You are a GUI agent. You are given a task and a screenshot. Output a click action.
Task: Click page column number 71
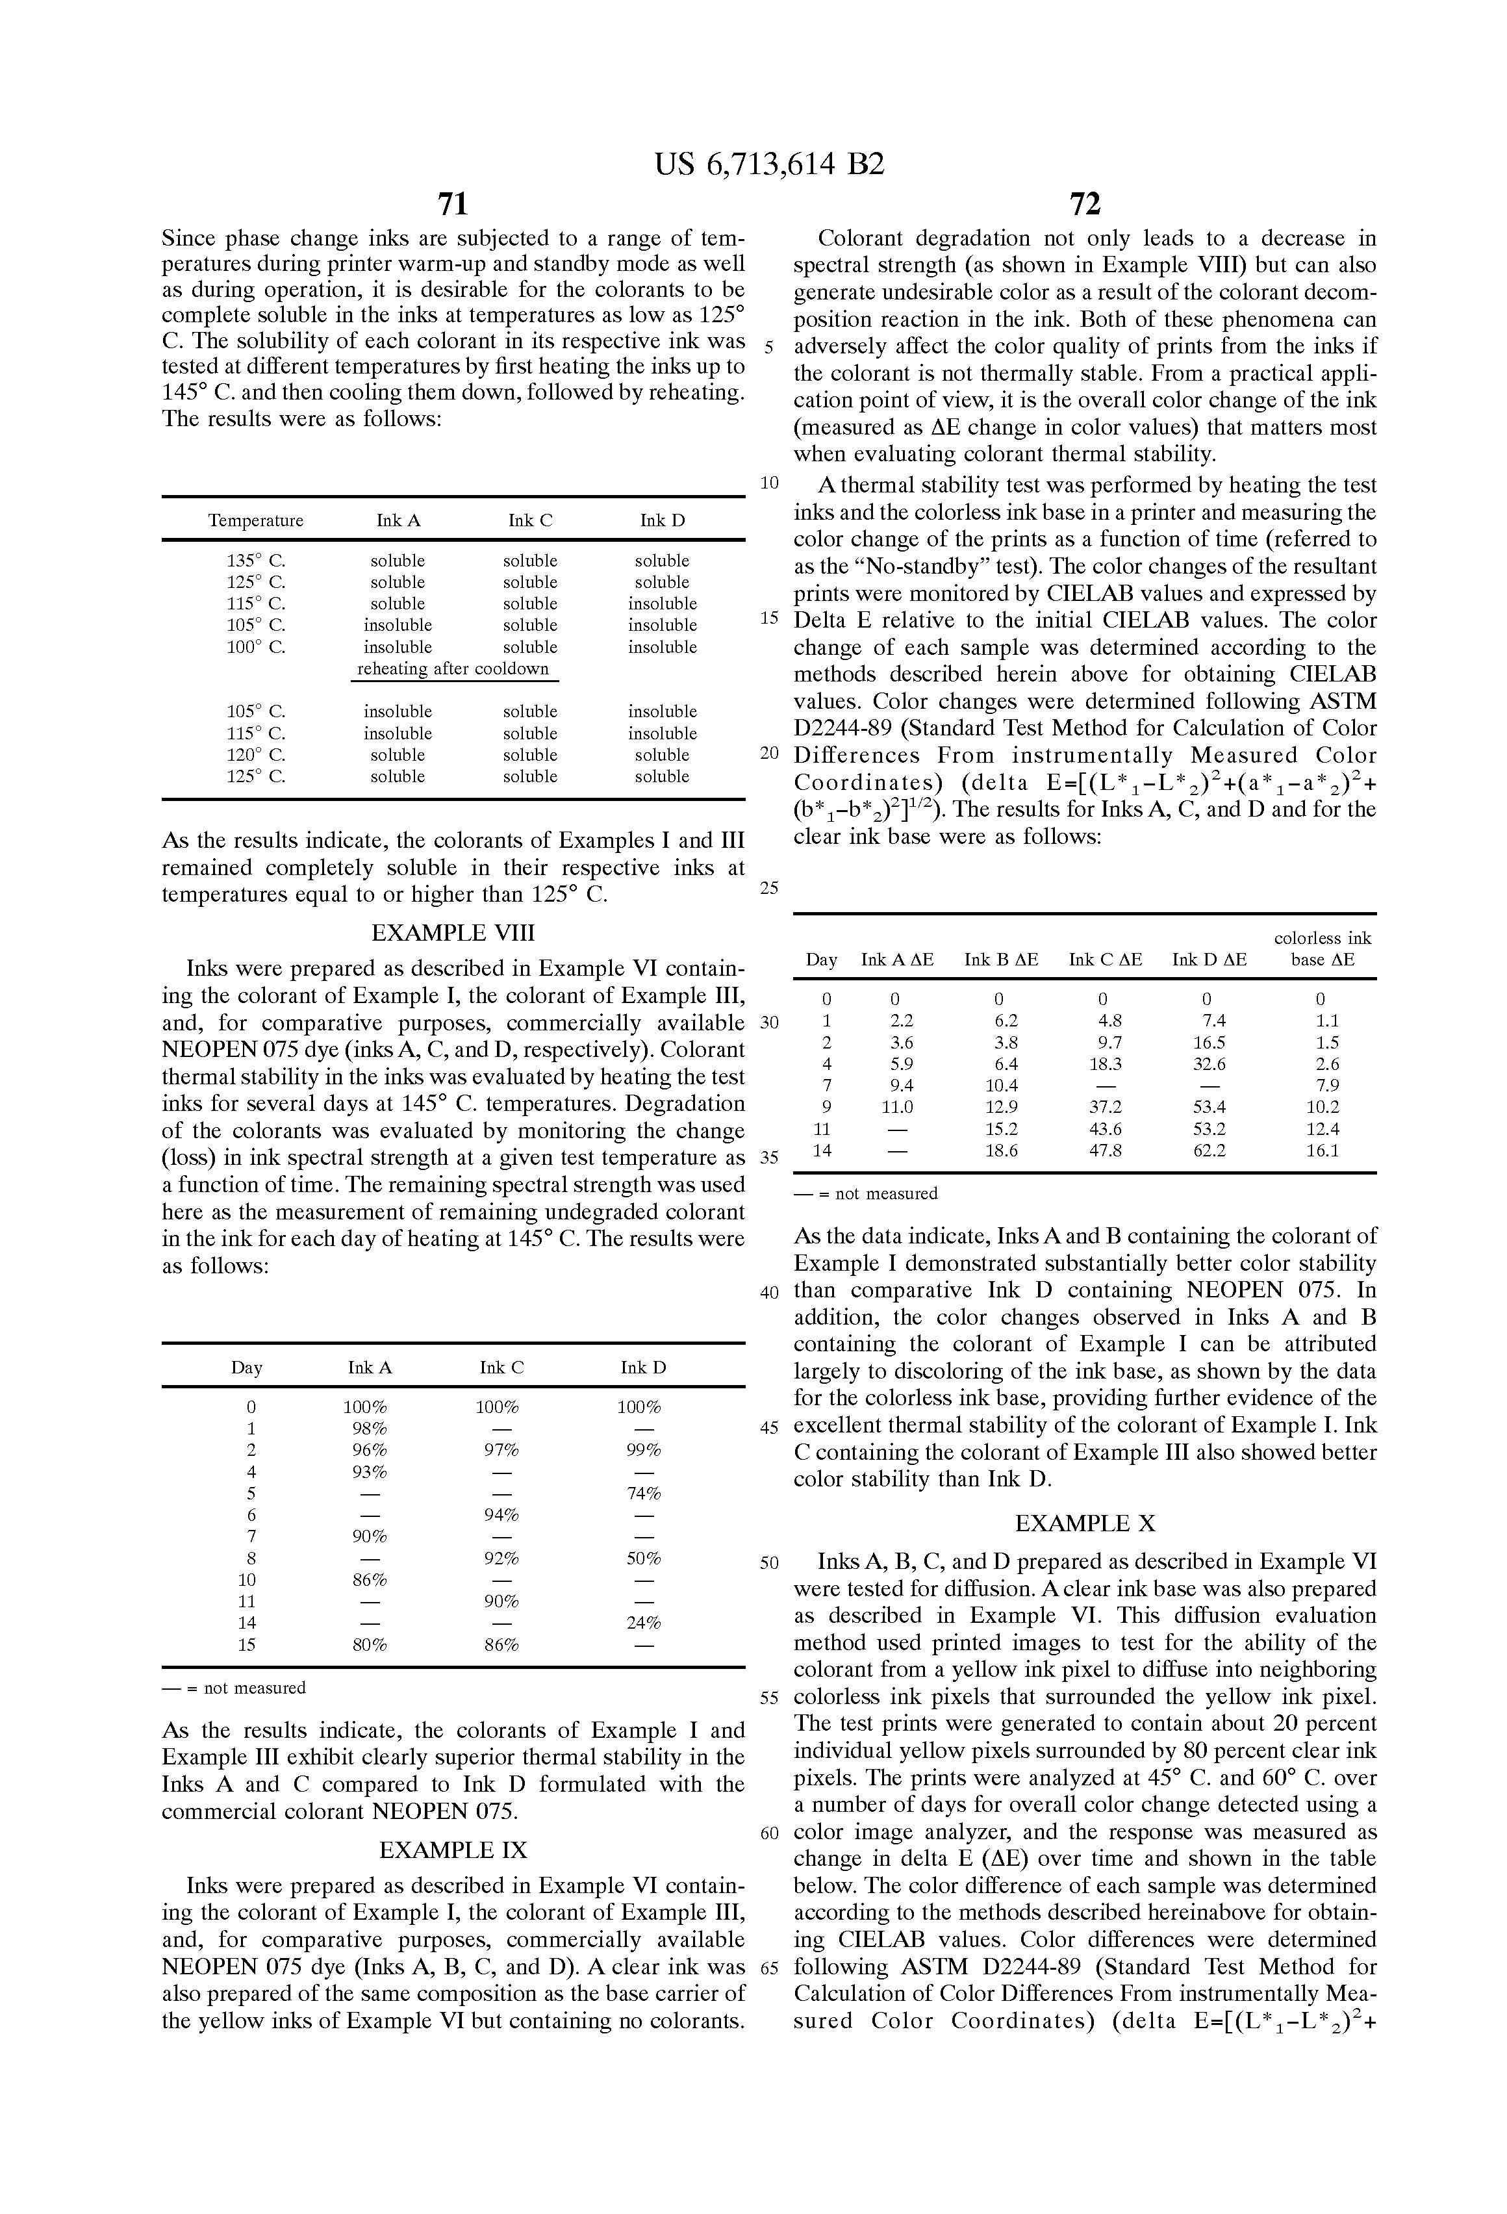453,204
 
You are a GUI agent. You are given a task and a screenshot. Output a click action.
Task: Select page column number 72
1085,204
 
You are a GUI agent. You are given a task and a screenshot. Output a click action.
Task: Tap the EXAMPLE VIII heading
453,933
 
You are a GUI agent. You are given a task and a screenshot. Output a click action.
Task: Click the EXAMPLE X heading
1085,1523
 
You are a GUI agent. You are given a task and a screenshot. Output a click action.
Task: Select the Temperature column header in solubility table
255,520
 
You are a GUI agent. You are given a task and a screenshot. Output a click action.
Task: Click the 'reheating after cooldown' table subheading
453,668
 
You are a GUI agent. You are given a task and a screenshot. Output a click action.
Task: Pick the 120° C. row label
255,754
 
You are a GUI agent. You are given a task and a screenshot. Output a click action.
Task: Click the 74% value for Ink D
644,1493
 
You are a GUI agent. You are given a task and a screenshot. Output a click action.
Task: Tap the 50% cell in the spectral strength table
644,1559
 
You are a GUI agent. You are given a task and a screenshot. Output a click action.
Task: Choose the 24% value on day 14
644,1622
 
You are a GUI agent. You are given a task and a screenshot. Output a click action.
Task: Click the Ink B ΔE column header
1001,960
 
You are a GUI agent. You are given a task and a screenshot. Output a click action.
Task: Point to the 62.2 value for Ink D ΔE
1209,1150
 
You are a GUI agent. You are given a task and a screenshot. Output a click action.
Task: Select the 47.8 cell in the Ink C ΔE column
1105,1150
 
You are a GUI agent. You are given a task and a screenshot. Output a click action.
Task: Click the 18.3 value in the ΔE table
1105,1064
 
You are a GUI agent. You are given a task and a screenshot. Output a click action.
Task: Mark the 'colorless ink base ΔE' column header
1322,949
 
